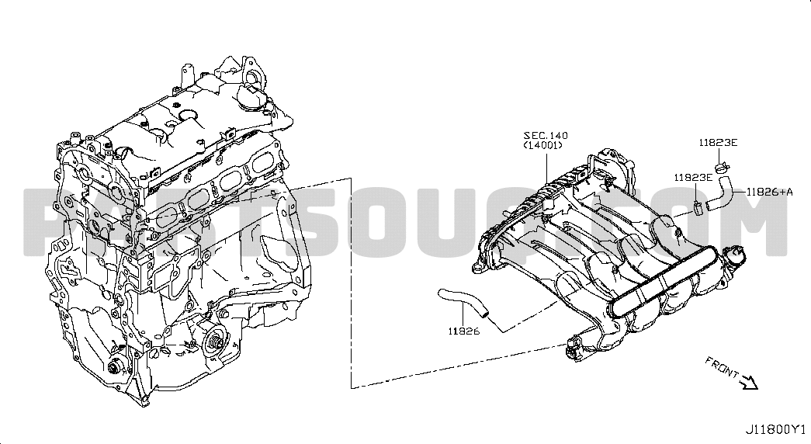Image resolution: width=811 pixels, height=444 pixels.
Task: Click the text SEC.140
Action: pos(545,136)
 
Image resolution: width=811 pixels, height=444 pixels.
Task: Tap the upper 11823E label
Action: pos(718,143)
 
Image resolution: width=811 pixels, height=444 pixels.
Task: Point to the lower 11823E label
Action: pos(693,178)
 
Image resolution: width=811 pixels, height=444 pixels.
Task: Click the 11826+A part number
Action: pos(770,192)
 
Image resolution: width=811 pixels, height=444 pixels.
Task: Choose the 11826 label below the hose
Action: pos(463,331)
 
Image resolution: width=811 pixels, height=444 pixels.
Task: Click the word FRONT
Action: pos(722,367)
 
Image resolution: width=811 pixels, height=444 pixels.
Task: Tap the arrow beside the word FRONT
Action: pos(749,383)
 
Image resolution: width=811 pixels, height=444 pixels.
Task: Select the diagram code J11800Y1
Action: pos(775,429)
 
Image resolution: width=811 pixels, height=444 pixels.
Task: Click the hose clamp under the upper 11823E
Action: pos(722,167)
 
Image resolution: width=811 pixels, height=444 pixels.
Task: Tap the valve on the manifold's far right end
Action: pos(734,257)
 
